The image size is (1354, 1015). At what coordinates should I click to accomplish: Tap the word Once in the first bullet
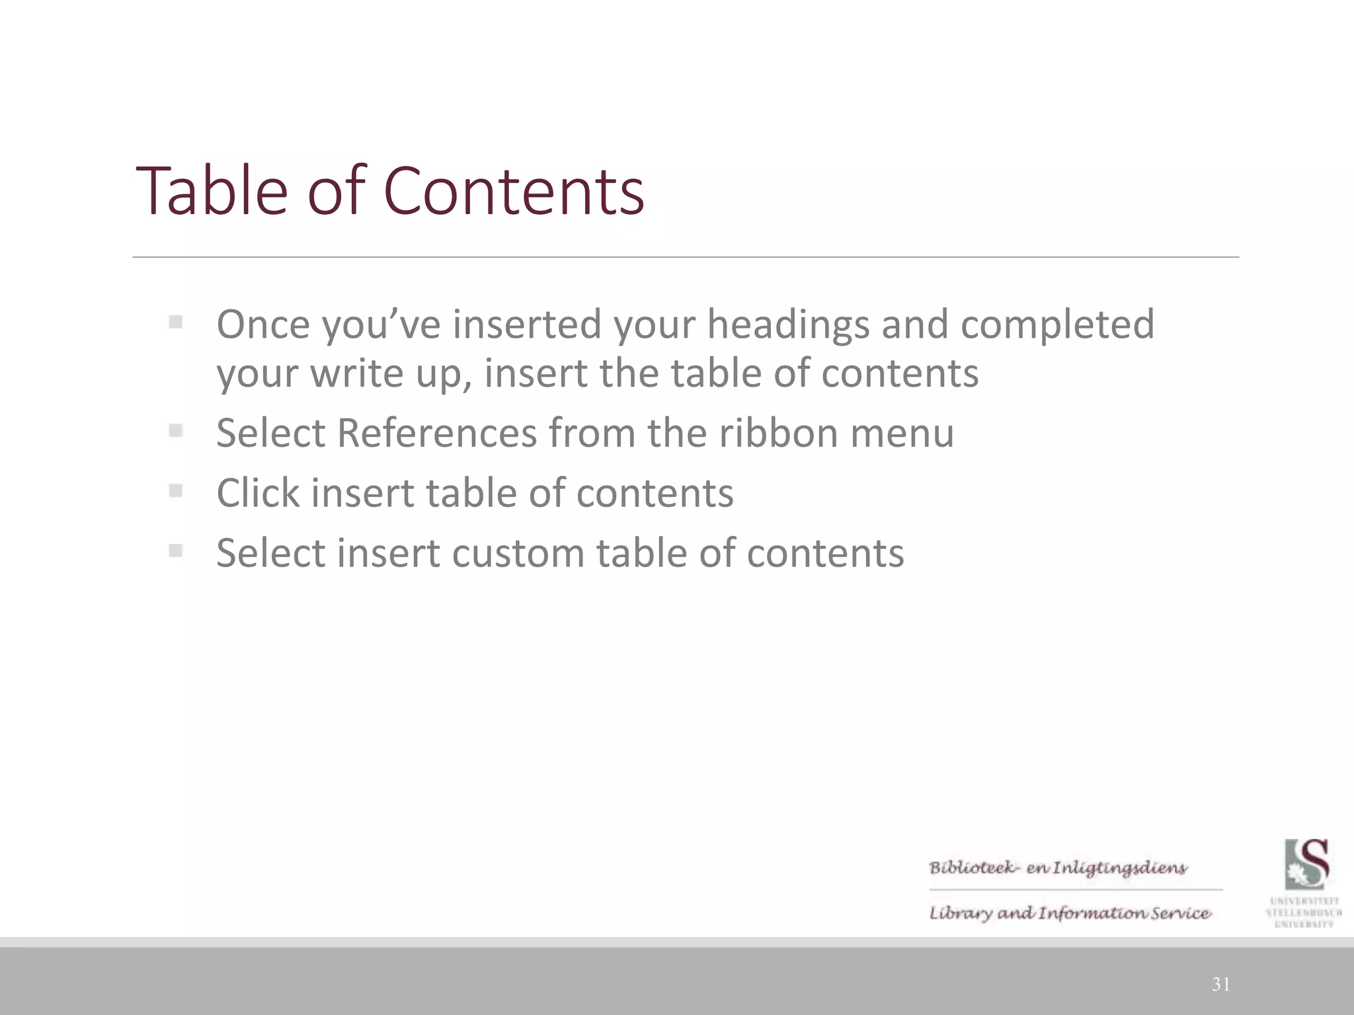[x=263, y=324]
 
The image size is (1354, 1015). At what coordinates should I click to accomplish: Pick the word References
[x=436, y=433]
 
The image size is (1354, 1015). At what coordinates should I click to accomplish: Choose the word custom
[x=518, y=553]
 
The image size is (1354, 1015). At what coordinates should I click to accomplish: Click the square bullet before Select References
[x=175, y=432]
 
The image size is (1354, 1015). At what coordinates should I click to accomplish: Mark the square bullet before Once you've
[x=175, y=322]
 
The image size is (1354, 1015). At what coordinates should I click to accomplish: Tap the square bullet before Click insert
[x=175, y=491]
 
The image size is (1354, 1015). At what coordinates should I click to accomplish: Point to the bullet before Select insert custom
[x=175, y=550]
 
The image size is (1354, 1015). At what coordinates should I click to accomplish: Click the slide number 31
[x=1220, y=985]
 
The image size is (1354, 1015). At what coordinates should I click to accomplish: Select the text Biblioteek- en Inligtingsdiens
[x=1058, y=868]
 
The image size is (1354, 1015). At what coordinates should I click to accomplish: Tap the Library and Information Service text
[x=1070, y=913]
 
